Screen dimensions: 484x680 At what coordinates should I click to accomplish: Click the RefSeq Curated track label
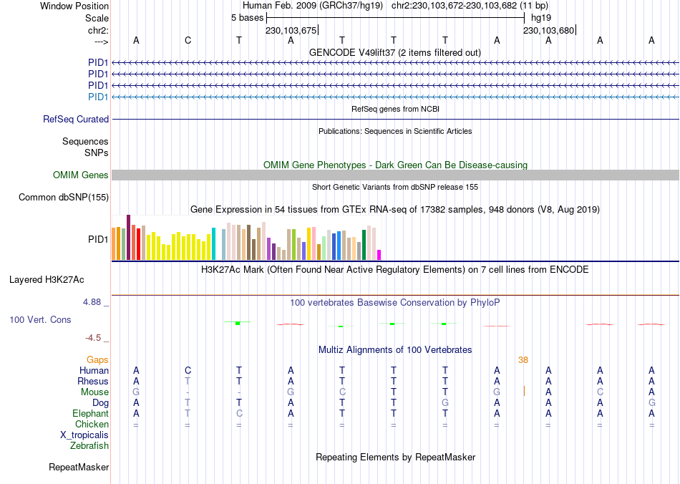[76, 120]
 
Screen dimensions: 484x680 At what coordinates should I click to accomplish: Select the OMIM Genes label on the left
[81, 175]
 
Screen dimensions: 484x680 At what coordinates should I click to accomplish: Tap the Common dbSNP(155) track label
[64, 198]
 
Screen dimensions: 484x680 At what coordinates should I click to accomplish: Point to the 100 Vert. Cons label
[40, 319]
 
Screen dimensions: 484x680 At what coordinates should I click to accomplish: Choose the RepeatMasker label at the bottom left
[79, 468]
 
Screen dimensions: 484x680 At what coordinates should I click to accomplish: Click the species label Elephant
[90, 414]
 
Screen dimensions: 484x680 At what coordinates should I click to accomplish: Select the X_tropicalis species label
[84, 435]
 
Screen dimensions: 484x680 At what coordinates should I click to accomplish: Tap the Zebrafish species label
[89, 446]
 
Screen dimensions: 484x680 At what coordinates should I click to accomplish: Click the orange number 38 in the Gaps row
[523, 360]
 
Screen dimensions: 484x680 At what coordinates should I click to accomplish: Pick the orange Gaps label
[97, 360]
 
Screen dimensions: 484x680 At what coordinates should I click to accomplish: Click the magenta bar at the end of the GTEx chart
[379, 254]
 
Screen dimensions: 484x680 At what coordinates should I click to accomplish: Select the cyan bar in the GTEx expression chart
[213, 243]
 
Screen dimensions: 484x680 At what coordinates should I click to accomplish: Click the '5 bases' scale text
[246, 17]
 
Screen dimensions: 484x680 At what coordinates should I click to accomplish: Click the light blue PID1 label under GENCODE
[98, 97]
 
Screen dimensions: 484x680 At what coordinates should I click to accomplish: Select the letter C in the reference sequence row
[188, 40]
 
